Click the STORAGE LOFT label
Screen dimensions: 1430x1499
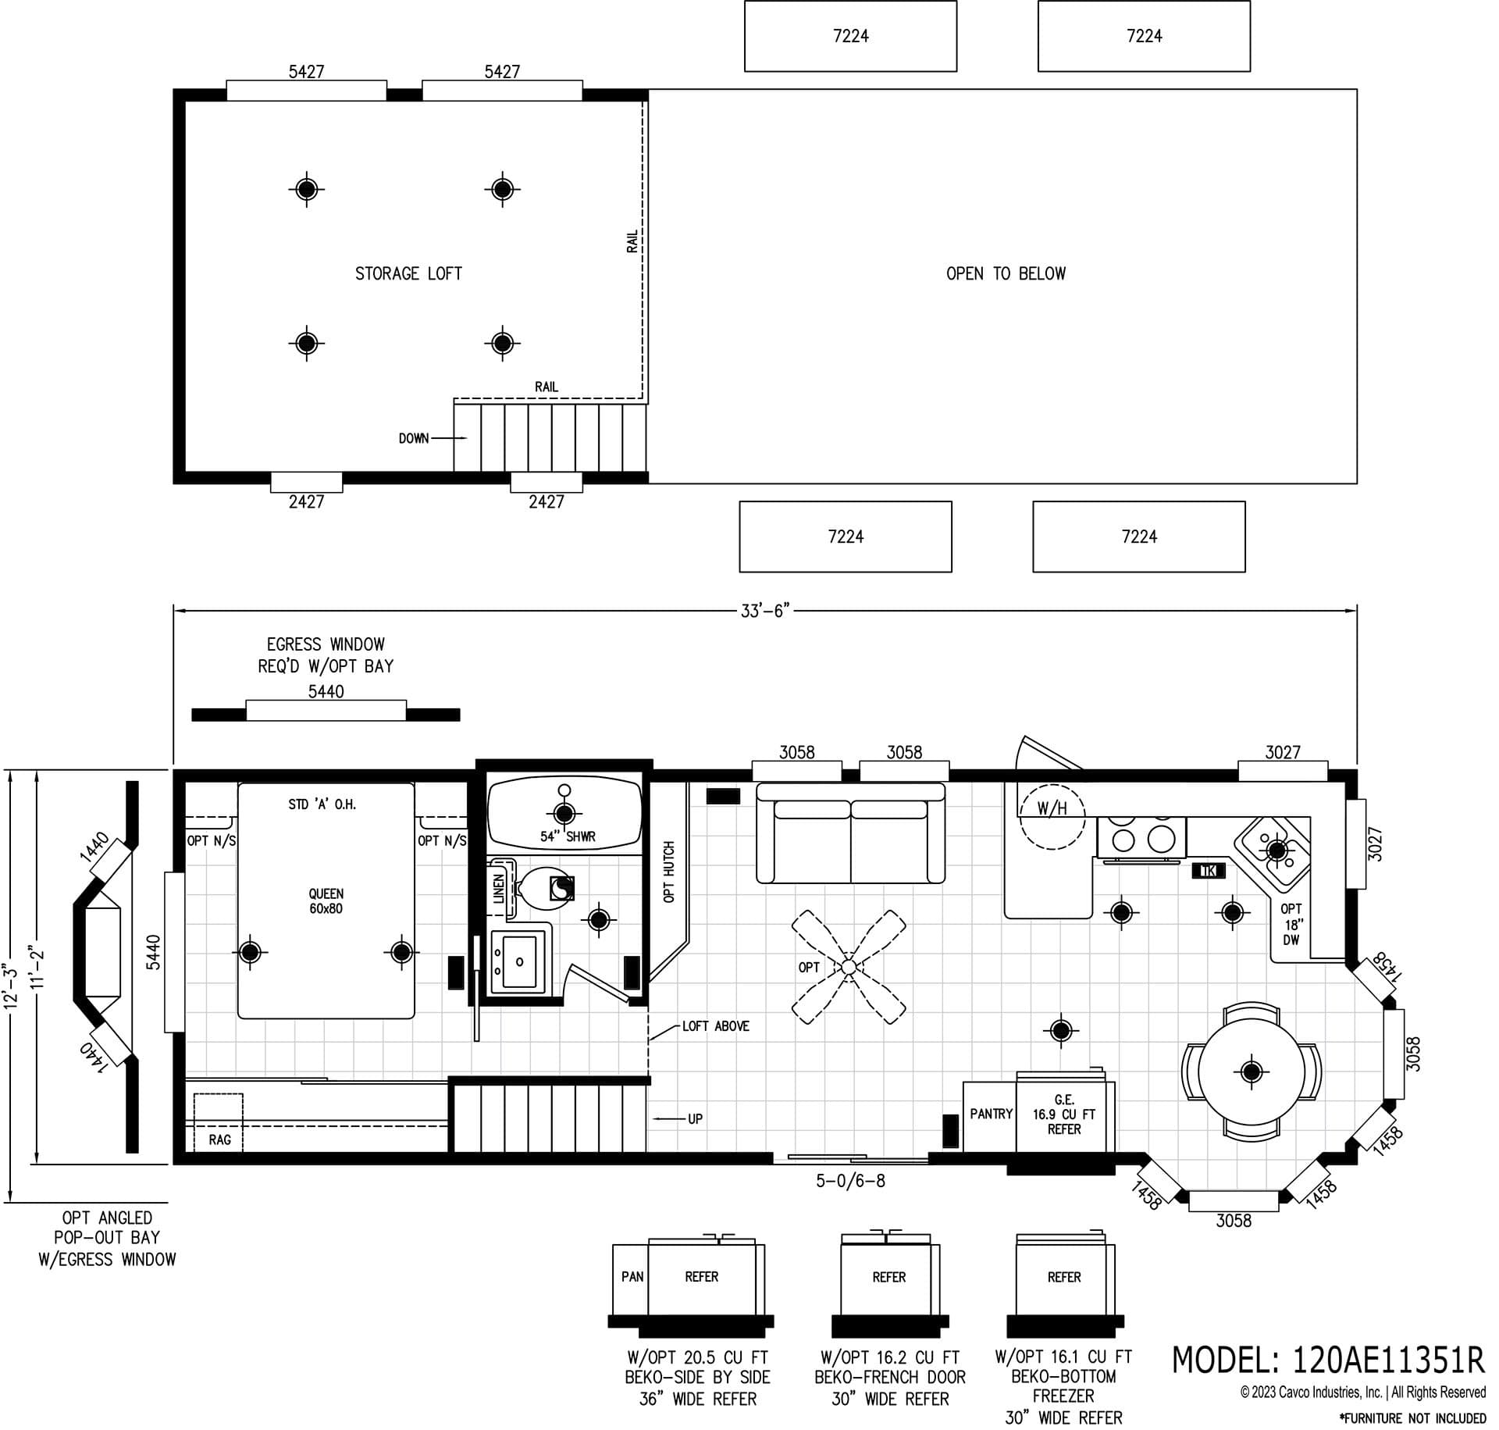[x=408, y=273]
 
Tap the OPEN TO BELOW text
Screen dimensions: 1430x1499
[x=1006, y=273]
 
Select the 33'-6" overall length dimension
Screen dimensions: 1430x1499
[x=765, y=611]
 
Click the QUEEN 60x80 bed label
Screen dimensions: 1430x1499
[x=326, y=900]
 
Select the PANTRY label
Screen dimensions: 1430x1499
[x=991, y=1114]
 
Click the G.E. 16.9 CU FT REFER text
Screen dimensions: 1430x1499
[x=1063, y=1114]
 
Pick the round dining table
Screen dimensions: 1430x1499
[x=1251, y=1071]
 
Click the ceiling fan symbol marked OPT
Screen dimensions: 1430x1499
[x=849, y=967]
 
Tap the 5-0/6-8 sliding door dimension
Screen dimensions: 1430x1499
[x=850, y=1181]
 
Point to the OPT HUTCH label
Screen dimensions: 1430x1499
[x=668, y=872]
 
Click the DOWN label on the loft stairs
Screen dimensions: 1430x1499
[x=414, y=438]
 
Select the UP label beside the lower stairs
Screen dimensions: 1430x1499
[x=695, y=1119]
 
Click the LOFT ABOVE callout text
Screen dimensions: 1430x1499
[x=715, y=1026]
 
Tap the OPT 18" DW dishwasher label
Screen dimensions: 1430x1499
[x=1291, y=924]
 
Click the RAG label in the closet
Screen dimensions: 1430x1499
[x=219, y=1139]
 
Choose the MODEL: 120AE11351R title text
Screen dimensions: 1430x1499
[x=1328, y=1360]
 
